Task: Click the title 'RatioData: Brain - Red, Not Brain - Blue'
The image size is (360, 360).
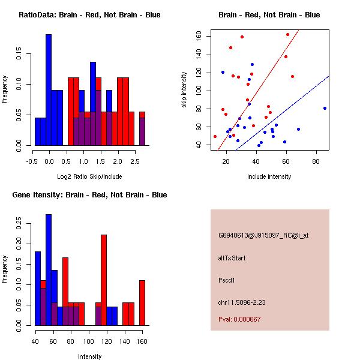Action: (x=89, y=15)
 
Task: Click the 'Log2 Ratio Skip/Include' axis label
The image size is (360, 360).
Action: (x=89, y=176)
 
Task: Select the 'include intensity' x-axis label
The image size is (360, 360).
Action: (x=269, y=176)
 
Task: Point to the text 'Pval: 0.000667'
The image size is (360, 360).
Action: (x=239, y=319)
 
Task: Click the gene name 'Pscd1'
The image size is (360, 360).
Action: (x=226, y=280)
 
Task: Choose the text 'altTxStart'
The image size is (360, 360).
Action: (x=233, y=258)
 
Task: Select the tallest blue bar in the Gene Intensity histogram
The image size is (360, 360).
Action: (x=49, y=270)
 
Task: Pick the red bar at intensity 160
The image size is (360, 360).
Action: (x=142, y=303)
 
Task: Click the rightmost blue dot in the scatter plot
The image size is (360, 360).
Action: (x=325, y=108)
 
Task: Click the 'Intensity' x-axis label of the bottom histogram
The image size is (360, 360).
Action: (x=90, y=356)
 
